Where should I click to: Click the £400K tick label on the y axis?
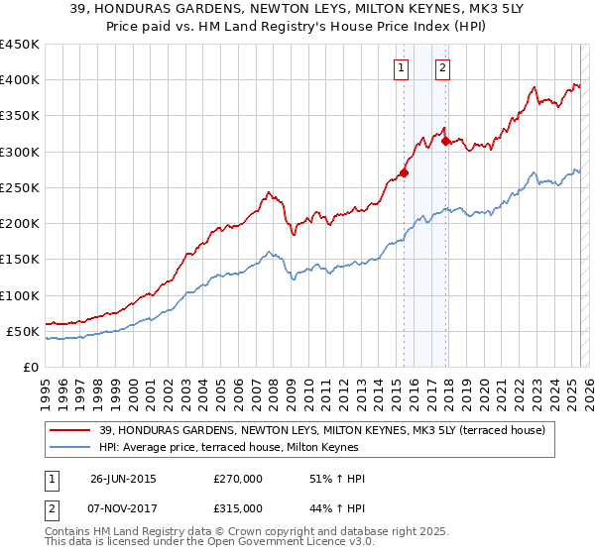tap(19, 80)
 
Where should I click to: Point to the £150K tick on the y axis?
tap(19, 260)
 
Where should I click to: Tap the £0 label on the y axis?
tap(30, 368)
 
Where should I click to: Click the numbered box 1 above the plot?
tap(401, 68)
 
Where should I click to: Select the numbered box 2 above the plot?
tap(442, 68)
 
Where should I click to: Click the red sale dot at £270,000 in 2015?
tap(404, 173)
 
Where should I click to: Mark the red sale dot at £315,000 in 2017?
tap(445, 141)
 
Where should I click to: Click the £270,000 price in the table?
tap(237, 479)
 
